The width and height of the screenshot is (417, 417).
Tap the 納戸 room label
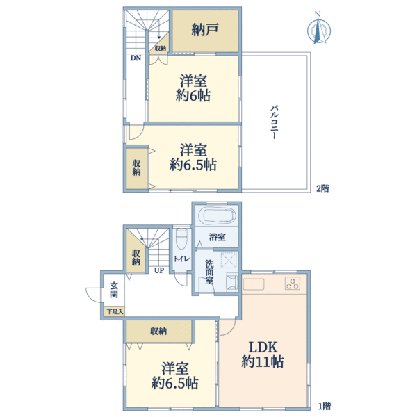[205, 31]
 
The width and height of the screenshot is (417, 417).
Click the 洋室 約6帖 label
[193, 88]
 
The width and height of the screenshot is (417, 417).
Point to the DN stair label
[135, 58]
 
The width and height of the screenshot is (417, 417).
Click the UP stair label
[159, 271]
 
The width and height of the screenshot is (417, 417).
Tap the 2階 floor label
[322, 188]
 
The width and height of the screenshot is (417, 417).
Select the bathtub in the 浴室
[217, 215]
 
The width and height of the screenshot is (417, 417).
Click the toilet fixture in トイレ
[181, 240]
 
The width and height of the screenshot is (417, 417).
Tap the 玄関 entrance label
[113, 293]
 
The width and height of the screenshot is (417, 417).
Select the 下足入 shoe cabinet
[114, 312]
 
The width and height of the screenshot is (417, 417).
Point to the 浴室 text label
[217, 237]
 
